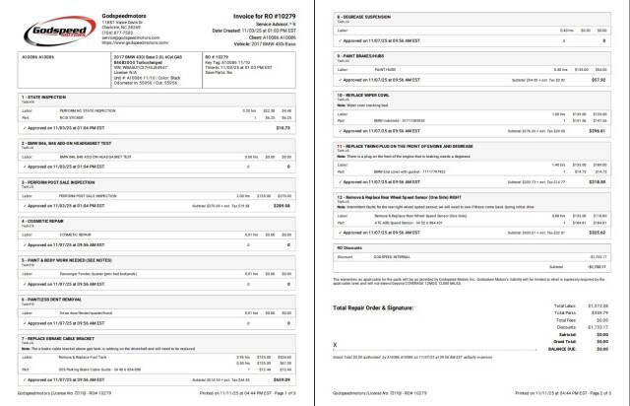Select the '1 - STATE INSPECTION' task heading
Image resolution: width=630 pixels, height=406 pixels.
point(43,97)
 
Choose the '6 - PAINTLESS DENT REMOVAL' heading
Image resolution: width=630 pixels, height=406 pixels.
point(49,295)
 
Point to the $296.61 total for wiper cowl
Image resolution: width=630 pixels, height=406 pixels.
point(597,158)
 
